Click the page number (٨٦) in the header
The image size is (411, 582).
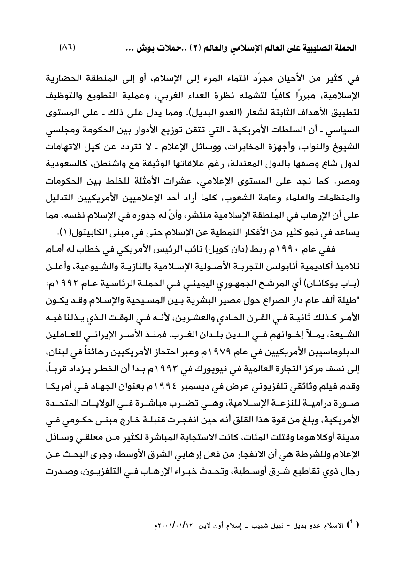[x=68, y=48]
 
